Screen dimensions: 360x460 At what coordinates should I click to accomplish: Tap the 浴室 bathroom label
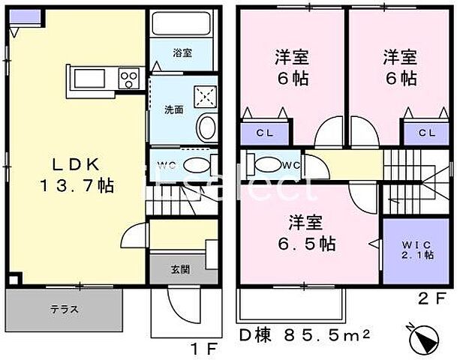click(x=182, y=53)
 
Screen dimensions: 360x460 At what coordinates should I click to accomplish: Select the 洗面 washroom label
click(x=174, y=109)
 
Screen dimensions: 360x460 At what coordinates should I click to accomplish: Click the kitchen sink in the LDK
click(x=92, y=77)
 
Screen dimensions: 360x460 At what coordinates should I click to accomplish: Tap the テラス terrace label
click(x=66, y=309)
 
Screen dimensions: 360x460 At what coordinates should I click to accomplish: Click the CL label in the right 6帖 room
click(x=426, y=133)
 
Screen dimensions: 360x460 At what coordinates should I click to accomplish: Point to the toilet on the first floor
click(x=197, y=166)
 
